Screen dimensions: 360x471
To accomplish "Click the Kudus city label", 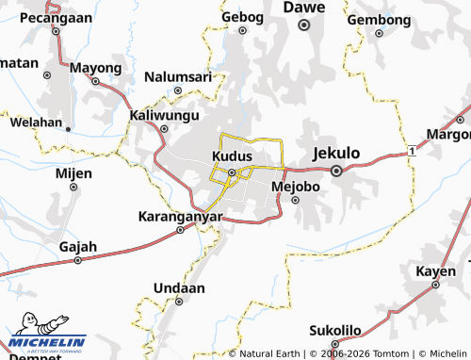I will (231, 155).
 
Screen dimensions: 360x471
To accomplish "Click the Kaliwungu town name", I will (164, 115).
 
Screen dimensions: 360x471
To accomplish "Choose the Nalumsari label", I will (177, 75).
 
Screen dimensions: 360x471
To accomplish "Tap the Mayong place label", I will (95, 69).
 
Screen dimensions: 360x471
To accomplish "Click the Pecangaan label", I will (56, 17).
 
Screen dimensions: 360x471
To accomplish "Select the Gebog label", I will (242, 16).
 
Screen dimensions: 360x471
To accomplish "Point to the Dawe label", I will (303, 8).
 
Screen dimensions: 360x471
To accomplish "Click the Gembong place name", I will (380, 19).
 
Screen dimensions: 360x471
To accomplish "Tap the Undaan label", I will (178, 286).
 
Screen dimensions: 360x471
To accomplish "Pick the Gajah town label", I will (78, 247).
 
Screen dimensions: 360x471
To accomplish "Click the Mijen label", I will (73, 173).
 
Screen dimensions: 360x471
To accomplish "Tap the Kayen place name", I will (435, 271).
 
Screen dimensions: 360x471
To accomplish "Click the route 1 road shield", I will (413, 151).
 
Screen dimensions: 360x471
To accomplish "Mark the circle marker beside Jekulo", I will (336, 171).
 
